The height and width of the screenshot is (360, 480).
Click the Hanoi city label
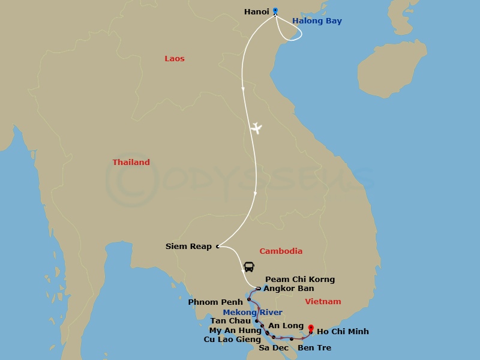click(x=256, y=11)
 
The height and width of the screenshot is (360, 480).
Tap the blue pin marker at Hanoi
click(x=275, y=11)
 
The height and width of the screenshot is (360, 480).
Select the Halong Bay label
click(x=317, y=21)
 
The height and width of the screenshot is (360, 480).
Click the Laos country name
click(x=175, y=59)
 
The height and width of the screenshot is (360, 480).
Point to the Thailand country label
click(x=131, y=163)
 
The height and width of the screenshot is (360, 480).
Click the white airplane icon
click(x=257, y=128)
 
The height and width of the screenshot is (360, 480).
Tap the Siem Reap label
click(x=188, y=247)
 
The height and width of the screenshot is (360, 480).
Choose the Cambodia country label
click(x=280, y=251)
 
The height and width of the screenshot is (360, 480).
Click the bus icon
click(x=248, y=267)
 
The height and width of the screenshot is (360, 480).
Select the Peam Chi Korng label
click(x=299, y=280)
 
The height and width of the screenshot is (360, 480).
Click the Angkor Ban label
click(x=289, y=289)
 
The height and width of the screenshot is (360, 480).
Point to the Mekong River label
click(x=252, y=313)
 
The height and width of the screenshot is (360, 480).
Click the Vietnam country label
click(x=323, y=302)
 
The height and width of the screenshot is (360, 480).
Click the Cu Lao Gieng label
click(x=232, y=340)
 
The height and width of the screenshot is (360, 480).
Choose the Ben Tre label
click(x=314, y=348)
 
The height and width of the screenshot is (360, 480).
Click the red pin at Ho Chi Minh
click(x=311, y=328)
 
